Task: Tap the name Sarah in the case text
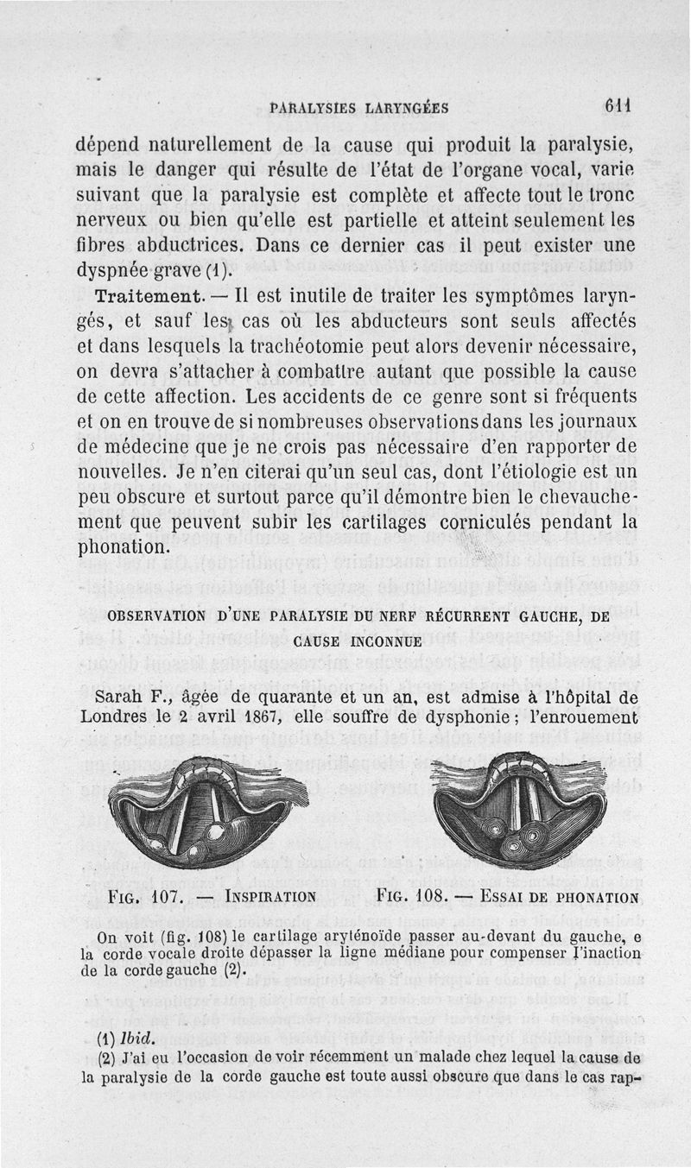[119, 697]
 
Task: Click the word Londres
[119, 717]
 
